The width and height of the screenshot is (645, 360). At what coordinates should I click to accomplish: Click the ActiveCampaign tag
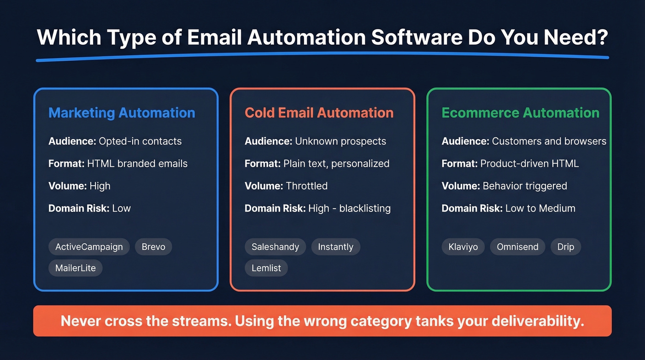[x=89, y=247]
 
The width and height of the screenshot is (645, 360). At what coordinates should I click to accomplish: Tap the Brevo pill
[x=153, y=247]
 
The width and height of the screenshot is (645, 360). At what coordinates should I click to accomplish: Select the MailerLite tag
[x=76, y=268]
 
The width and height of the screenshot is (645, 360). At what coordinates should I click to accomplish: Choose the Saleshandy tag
[x=275, y=247]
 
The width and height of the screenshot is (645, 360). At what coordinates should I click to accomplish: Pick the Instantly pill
[x=335, y=247]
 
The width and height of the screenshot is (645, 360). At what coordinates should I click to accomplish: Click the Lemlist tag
[x=266, y=268]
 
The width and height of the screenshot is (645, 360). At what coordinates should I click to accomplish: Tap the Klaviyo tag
[x=463, y=247]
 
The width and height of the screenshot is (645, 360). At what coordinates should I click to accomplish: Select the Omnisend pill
[x=517, y=247]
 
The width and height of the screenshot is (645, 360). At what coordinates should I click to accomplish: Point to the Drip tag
[x=566, y=247]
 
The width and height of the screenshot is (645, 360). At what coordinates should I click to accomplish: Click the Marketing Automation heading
[x=122, y=113]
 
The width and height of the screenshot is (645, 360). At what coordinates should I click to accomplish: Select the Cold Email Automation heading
[x=319, y=113]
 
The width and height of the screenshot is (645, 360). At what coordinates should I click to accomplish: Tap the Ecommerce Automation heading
[x=521, y=113]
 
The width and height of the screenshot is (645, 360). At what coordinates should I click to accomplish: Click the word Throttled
[x=306, y=186]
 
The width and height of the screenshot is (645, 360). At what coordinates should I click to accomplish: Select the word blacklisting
[x=365, y=208]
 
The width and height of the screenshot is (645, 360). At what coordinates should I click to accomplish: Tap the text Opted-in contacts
[x=140, y=141]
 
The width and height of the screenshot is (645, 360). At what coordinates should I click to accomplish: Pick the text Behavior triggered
[x=525, y=186]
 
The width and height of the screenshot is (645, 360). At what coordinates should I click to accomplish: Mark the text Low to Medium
[x=540, y=208]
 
